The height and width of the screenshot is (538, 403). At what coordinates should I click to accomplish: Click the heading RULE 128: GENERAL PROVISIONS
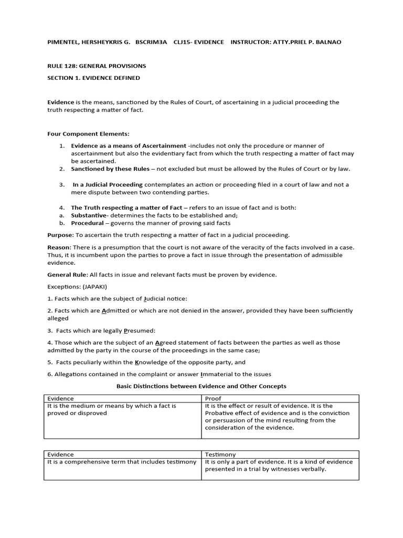(x=97, y=66)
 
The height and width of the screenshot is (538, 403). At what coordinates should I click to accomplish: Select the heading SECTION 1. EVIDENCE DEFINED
(x=93, y=78)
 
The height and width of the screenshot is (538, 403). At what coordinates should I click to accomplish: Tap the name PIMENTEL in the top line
(x=64, y=42)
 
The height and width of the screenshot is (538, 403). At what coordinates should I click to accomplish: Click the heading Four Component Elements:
(x=88, y=133)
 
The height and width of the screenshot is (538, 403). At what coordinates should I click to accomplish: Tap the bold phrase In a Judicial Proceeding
(x=108, y=184)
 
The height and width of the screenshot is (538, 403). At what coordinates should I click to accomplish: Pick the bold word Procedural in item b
(x=87, y=223)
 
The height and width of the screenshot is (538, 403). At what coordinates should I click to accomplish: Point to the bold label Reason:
(x=59, y=247)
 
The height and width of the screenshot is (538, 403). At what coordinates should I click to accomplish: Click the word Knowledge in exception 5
(x=153, y=362)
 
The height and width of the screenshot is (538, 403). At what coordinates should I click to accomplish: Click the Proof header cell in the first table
(x=214, y=399)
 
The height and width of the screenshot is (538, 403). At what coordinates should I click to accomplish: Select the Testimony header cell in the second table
(x=220, y=454)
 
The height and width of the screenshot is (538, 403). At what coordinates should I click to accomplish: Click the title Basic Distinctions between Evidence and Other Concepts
(x=201, y=386)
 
